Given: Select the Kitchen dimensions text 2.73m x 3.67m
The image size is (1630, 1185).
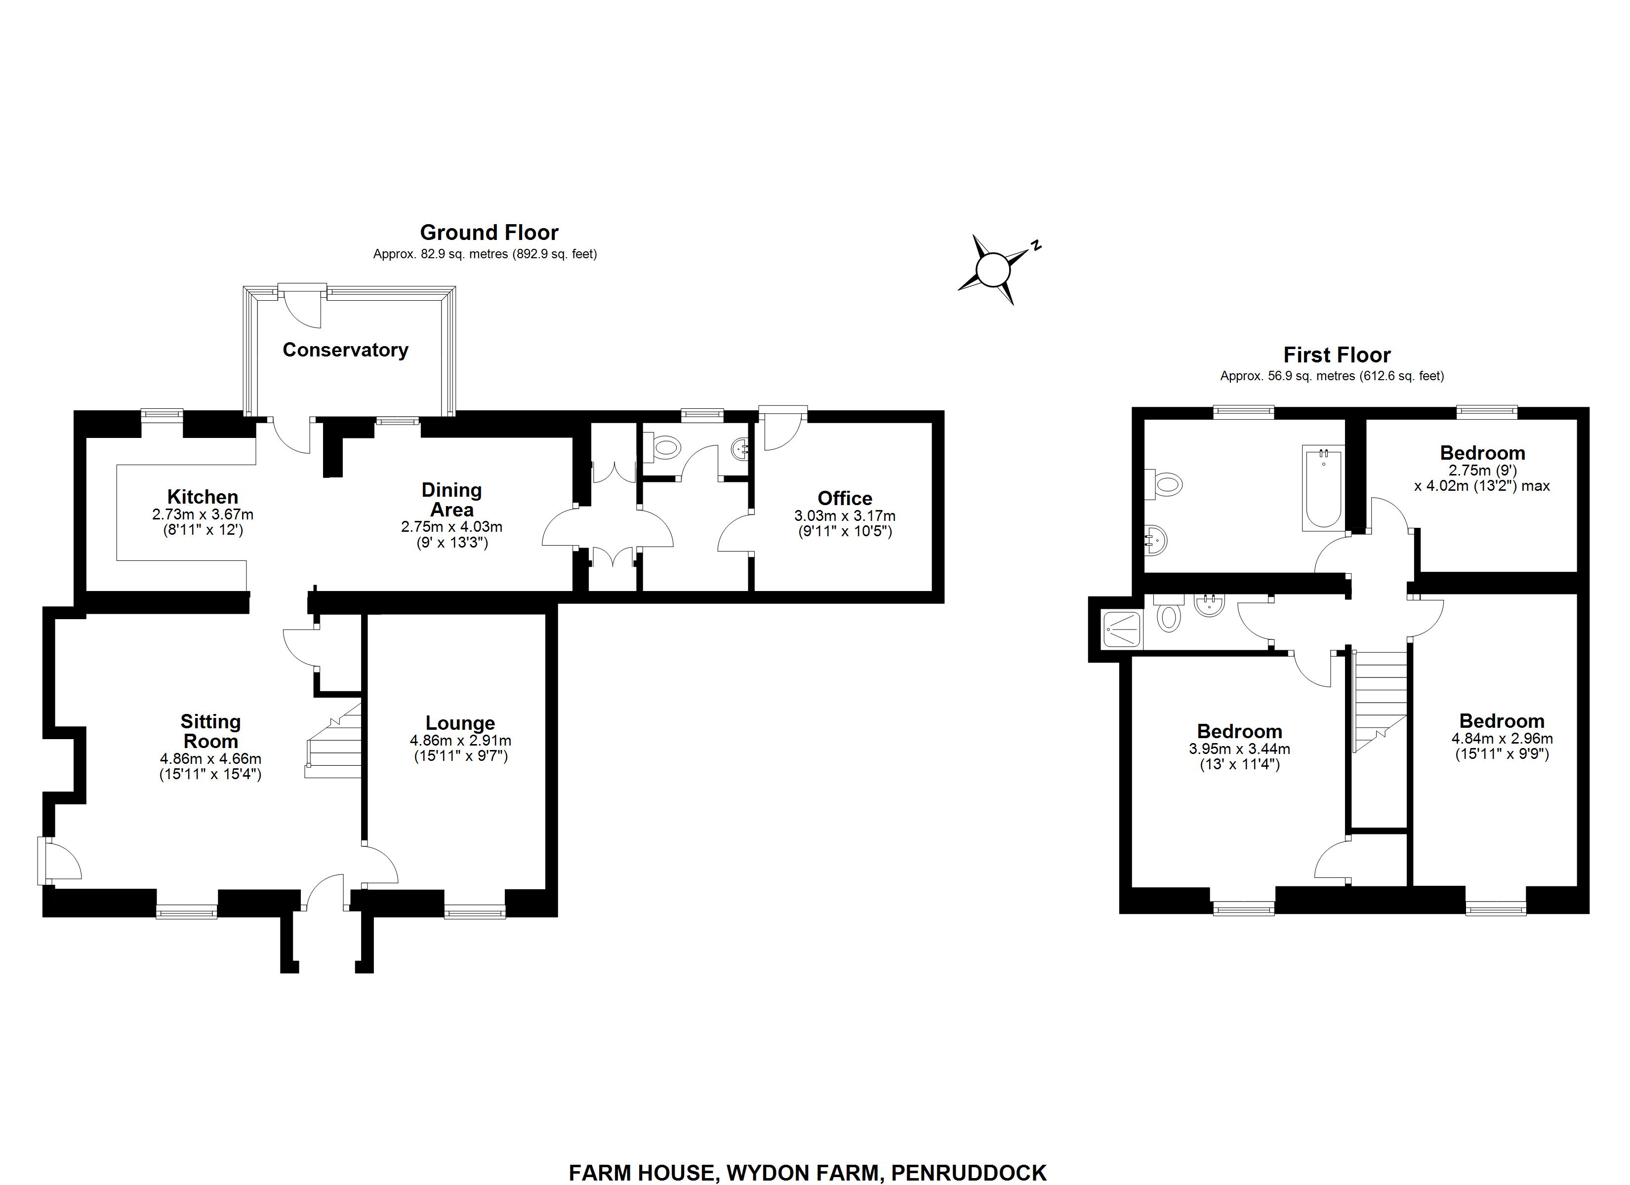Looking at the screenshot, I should tap(203, 514).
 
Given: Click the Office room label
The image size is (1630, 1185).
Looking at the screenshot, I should tap(845, 498).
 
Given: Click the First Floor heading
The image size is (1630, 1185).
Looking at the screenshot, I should tap(1337, 355).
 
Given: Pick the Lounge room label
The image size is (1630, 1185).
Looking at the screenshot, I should tap(460, 723).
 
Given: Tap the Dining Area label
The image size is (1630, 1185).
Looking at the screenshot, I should tap(451, 500).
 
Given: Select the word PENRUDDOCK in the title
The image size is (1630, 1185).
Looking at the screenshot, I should tap(968, 1173).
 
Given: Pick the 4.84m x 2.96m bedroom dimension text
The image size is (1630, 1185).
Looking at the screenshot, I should tap(1502, 738).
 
